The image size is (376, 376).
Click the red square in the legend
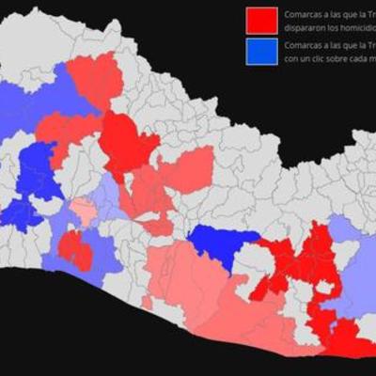(261, 20)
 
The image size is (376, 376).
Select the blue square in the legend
(261, 51)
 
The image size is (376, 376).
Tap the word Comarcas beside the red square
(305, 14)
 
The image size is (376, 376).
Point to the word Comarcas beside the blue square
(305, 44)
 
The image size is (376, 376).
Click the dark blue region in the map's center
(223, 243)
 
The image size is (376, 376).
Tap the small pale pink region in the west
(84, 211)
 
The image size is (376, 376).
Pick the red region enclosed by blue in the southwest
(74, 248)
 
